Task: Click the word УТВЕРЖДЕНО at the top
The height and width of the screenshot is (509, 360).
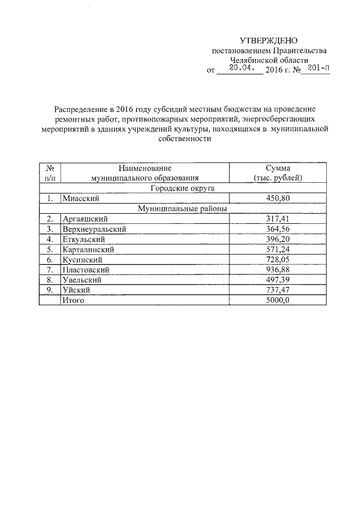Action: tap(268, 40)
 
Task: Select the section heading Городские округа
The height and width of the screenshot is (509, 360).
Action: tap(182, 188)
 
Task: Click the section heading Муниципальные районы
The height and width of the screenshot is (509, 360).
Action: tap(182, 209)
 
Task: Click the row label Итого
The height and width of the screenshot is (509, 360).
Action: tap(73, 300)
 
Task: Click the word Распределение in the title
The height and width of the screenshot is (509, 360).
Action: tap(80, 109)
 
